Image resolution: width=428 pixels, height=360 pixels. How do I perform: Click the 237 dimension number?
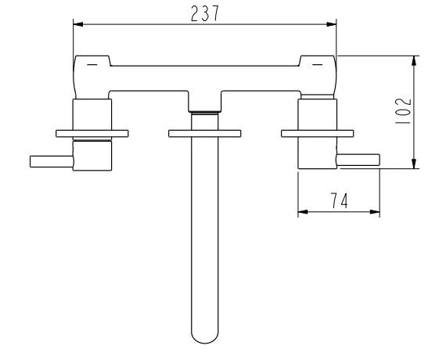[205, 13]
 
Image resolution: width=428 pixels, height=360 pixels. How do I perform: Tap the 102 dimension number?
[403, 110]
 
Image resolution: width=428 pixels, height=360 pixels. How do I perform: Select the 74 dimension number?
[340, 200]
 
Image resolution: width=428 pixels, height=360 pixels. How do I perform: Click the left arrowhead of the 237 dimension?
[78, 24]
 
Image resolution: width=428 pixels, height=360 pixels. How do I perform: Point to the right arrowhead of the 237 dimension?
[332, 24]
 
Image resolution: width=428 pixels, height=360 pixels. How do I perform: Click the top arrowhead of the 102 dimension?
[414, 60]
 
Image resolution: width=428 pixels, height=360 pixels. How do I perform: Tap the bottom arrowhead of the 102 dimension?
[414, 164]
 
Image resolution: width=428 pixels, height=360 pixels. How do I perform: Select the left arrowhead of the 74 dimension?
[303, 212]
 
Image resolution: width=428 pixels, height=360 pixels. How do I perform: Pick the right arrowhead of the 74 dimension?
[375, 212]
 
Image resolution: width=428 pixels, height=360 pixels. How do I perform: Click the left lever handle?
[52, 161]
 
